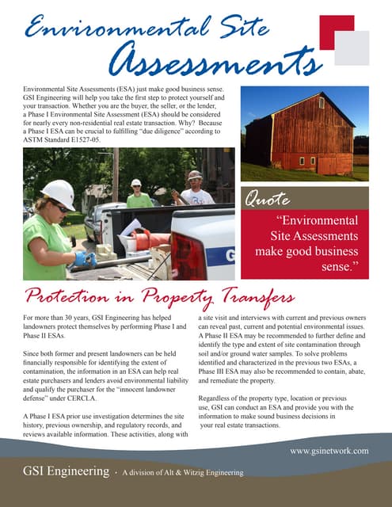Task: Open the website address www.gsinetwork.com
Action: click(329, 450)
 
